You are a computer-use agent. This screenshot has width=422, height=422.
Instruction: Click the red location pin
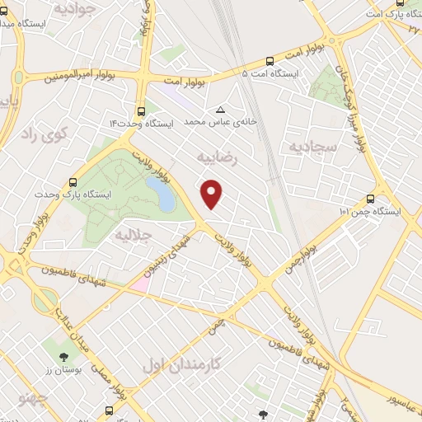click(213, 193)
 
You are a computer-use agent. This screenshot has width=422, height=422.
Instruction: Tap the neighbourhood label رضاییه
click(218, 154)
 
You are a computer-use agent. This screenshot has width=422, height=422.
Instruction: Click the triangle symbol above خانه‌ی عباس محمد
click(220, 110)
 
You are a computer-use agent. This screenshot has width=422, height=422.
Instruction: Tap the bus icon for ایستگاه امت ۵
click(270, 60)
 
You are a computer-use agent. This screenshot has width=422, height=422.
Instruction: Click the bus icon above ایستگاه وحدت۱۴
click(142, 110)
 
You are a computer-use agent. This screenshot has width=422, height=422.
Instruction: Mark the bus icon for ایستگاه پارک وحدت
click(73, 182)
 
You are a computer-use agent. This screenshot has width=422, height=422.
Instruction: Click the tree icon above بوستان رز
click(63, 355)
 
